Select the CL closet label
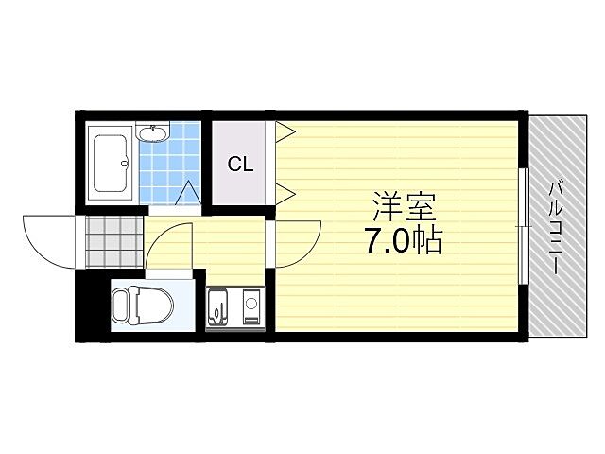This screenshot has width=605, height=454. coord(240,164)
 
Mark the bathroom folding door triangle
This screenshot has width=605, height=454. coord(187,193)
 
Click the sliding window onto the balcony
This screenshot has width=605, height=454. coord(522,225)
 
